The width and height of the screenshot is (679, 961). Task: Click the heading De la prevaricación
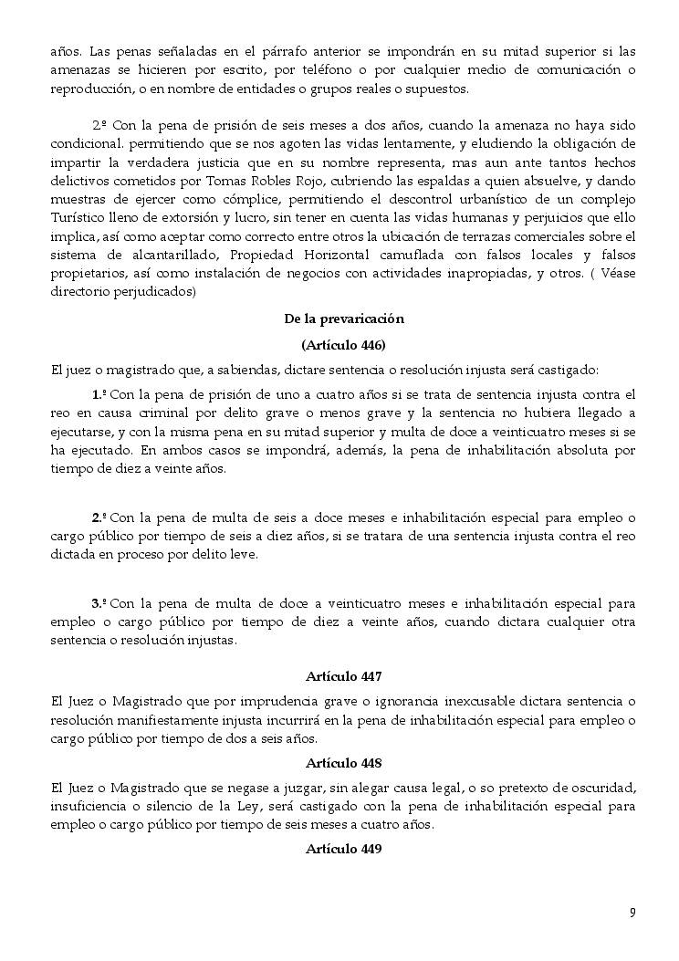click(343, 319)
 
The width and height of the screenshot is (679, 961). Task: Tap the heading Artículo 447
click(343, 677)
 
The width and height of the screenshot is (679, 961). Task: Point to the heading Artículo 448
click(343, 763)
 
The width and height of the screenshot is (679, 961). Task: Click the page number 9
click(632, 913)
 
